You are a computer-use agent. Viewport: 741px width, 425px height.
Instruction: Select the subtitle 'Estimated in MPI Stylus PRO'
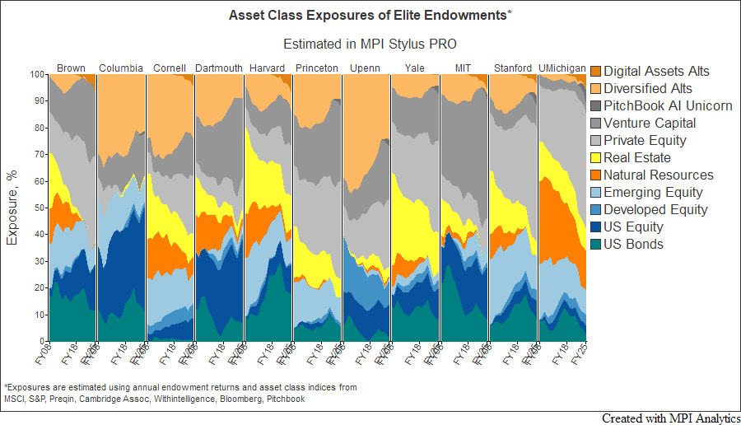pos(370,43)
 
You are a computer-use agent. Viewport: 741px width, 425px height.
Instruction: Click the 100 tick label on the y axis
pos(36,74)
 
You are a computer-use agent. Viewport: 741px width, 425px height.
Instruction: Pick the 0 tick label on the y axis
pos(41,341)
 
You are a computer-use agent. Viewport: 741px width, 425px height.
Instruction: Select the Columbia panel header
pos(121,68)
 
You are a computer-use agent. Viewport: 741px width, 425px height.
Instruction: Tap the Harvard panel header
pos(267,68)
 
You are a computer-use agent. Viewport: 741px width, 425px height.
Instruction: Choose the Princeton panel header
pos(316,68)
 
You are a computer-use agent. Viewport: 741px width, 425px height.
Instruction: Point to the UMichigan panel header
pos(562,68)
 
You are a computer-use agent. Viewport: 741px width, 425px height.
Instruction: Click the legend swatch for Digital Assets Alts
pos(597,72)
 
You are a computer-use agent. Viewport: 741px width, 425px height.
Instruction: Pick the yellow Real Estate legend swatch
pos(597,158)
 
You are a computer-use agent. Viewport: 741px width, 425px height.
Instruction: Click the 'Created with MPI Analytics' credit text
pos(670,418)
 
